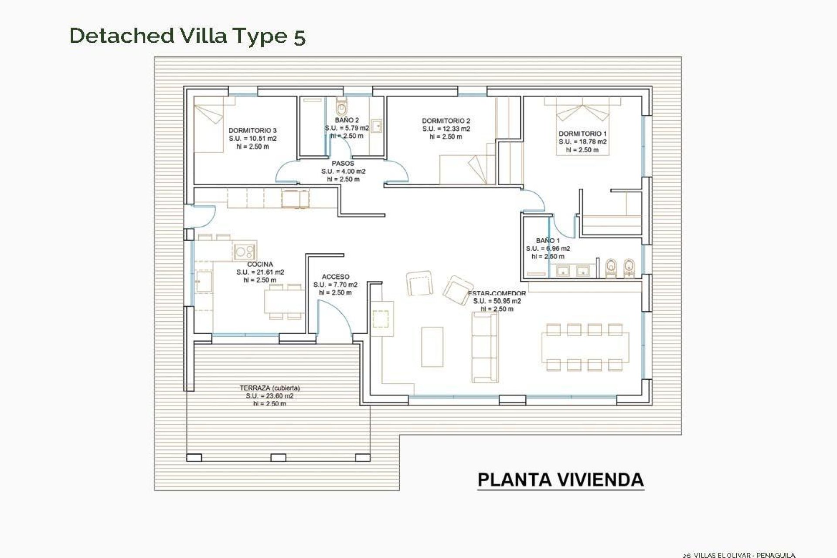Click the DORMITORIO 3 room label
click(x=252, y=130)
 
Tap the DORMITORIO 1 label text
click(x=582, y=134)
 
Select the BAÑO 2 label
click(x=347, y=120)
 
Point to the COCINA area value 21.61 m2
click(x=260, y=272)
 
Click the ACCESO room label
click(x=335, y=277)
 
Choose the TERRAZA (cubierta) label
click(x=269, y=388)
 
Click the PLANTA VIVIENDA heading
click(x=560, y=480)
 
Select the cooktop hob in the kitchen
click(x=244, y=252)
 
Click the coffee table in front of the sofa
click(x=432, y=347)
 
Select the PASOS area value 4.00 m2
click(x=343, y=171)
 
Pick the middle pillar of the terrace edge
click(x=278, y=458)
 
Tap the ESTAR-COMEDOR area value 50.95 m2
click(x=497, y=301)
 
